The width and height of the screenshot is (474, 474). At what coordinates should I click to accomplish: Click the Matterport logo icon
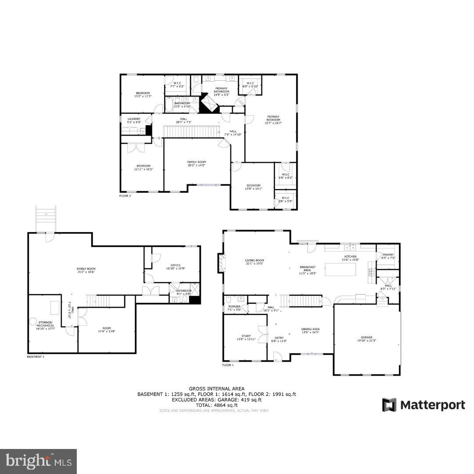coord(389,405)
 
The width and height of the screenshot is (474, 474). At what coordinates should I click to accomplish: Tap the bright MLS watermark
coord(38,461)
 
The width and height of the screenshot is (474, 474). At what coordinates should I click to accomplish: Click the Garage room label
coord(366,339)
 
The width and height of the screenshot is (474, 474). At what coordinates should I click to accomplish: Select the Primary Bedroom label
coord(273,119)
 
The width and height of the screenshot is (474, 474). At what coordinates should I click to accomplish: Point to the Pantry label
coord(388,256)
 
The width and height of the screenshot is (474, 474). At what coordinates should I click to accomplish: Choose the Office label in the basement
coord(176,267)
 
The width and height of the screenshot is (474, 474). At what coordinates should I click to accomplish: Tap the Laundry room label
coord(134,121)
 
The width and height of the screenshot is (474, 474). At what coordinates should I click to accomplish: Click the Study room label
coord(246,337)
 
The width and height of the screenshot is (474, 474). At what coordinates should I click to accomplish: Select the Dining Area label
coord(310,330)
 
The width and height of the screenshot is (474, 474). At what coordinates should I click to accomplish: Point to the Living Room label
coord(254,262)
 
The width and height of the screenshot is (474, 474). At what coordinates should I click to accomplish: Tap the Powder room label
coord(234,308)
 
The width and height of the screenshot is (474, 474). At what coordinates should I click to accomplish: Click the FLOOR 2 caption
coord(125,196)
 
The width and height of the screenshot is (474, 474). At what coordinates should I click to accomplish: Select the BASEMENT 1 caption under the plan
coord(36,357)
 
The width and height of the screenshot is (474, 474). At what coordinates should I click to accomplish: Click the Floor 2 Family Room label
coord(196,163)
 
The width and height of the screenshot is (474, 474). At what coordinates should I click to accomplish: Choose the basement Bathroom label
coord(183,292)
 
